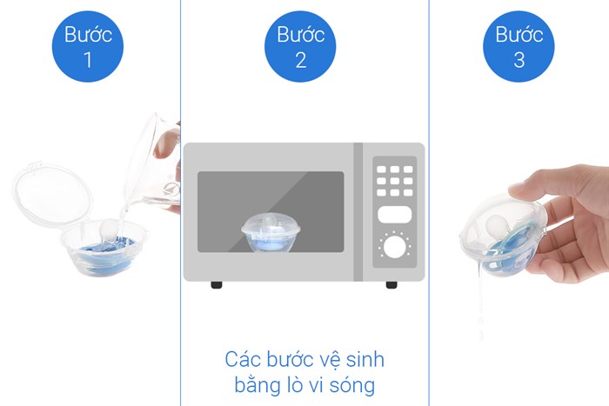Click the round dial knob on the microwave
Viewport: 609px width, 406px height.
[394, 247]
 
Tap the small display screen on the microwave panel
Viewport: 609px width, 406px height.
[394, 215]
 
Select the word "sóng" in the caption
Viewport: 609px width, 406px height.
[358, 383]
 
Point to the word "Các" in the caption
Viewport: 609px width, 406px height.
[243, 359]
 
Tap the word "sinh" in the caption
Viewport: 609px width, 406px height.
[363, 359]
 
